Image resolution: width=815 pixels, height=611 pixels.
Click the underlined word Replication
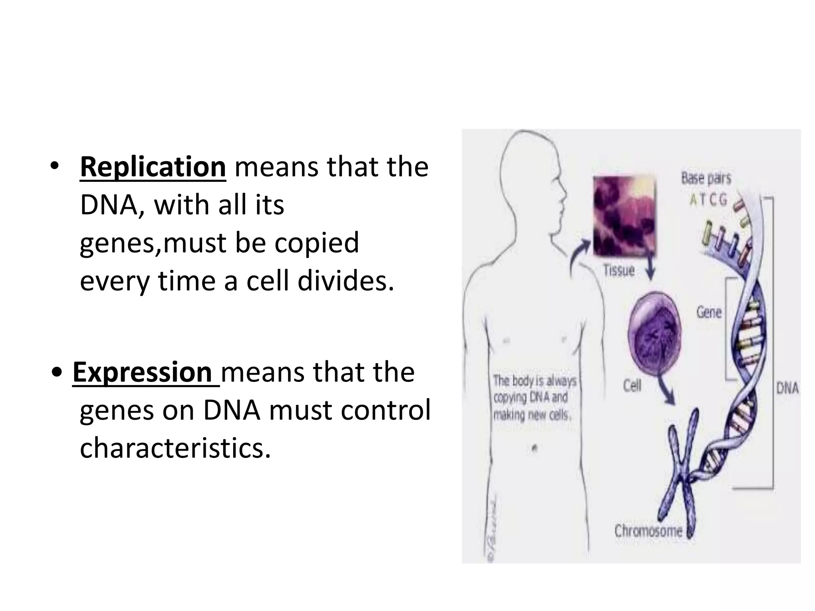tap(153, 167)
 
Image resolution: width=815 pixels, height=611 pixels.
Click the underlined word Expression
tap(142, 373)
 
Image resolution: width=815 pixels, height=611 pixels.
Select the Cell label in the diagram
tap(632, 385)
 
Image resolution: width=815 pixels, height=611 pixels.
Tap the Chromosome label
tap(648, 531)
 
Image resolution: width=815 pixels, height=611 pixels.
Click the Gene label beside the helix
tap(709, 312)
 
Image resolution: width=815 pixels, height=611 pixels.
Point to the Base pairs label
tap(706, 178)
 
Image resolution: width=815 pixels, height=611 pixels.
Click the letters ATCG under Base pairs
tap(708, 199)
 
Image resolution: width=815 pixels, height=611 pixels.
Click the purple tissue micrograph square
tap(624, 217)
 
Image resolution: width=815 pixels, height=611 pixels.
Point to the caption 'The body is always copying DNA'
tap(534, 398)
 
